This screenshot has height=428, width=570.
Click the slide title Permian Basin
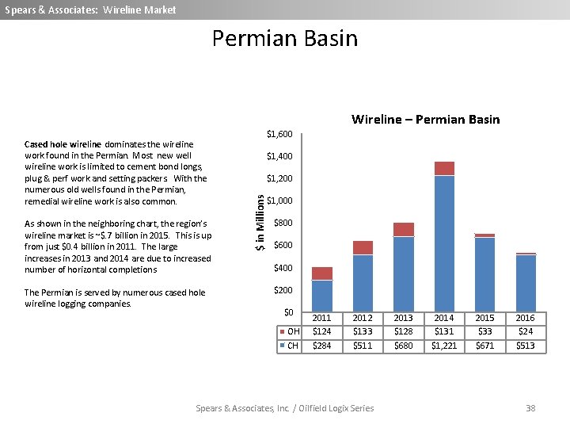point(285,39)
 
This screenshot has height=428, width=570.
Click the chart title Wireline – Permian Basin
point(425,120)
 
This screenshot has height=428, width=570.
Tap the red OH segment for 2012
point(363,247)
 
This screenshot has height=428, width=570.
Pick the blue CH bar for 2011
point(322,296)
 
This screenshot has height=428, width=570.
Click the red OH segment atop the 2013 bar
point(404,230)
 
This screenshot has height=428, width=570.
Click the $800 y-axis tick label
point(283,224)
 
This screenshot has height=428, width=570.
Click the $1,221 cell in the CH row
point(444,346)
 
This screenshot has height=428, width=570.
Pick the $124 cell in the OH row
point(322,331)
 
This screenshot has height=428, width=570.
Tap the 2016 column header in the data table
point(525,318)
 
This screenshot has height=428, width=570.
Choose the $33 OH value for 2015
point(484,331)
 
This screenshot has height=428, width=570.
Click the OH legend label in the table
point(293,331)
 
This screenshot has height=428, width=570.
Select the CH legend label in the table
point(293,346)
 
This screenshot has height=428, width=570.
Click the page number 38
point(530,408)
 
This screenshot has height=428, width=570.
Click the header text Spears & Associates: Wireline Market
point(90,10)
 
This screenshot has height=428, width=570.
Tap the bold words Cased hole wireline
point(63,144)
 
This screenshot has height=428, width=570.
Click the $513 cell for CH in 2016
point(525,346)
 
